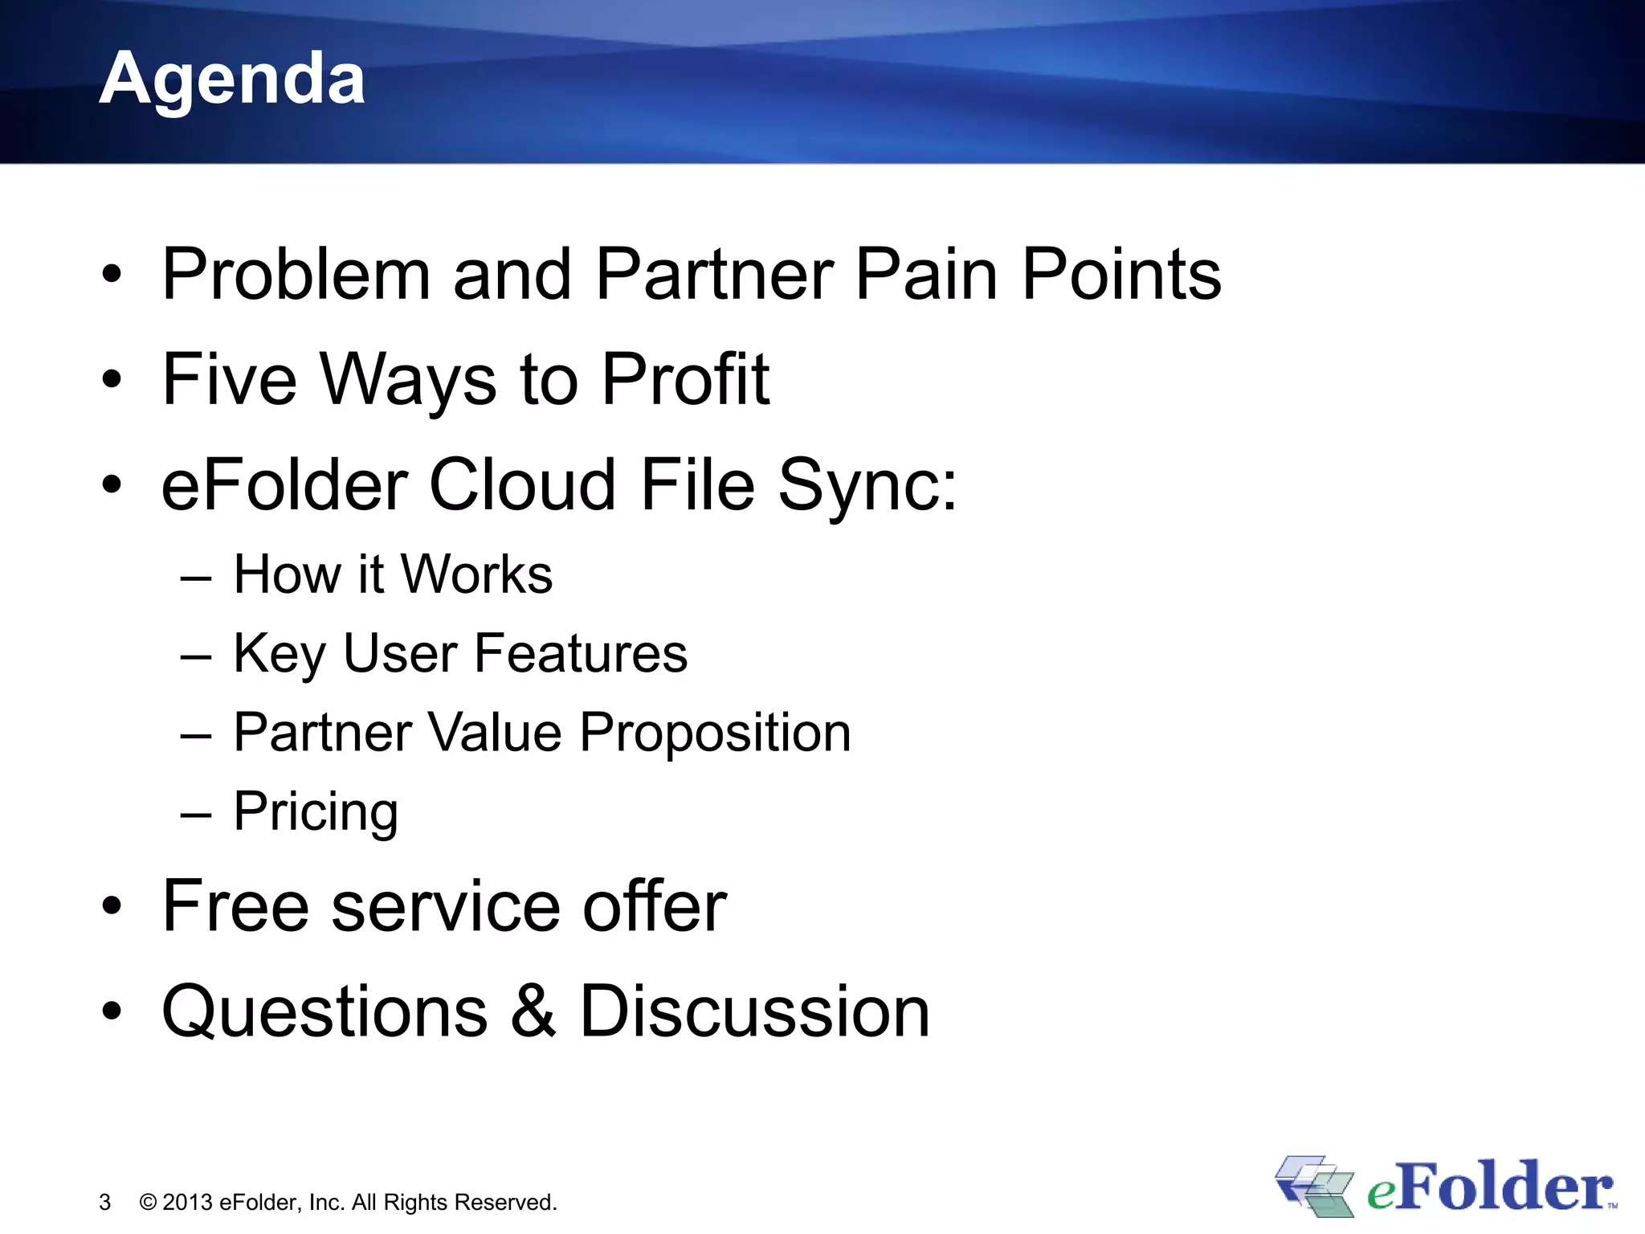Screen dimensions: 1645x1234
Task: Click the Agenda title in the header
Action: click(x=232, y=79)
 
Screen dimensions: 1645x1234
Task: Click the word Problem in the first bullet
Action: click(x=296, y=275)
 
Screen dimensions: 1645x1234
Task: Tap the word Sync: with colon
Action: click(x=867, y=486)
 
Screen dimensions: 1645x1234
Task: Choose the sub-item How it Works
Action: click(x=393, y=574)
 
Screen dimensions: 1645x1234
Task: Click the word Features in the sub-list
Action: click(x=581, y=653)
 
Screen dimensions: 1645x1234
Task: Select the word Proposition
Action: click(x=715, y=733)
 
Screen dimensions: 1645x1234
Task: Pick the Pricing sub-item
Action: click(x=316, y=812)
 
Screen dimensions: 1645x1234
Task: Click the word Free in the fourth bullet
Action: click(x=235, y=906)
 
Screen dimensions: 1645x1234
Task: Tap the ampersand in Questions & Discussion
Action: click(x=533, y=1011)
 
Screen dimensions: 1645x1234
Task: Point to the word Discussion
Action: click(x=754, y=1011)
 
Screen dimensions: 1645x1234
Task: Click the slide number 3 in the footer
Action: click(x=104, y=1203)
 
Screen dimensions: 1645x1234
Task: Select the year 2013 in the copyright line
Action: click(x=187, y=1203)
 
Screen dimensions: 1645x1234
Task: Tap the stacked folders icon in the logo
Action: click(x=1314, y=1186)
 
